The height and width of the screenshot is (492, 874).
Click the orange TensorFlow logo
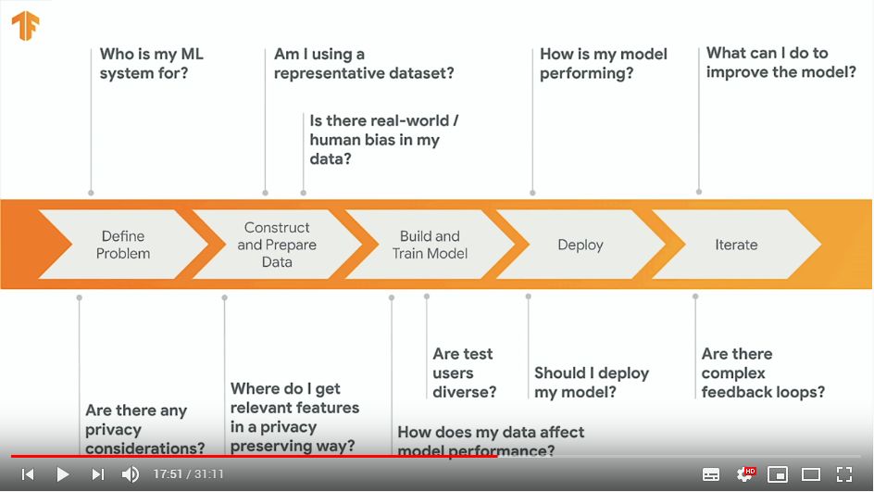pyautogui.click(x=26, y=26)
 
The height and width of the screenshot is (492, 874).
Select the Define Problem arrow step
pyautogui.click(x=122, y=245)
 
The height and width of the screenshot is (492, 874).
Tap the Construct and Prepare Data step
pyautogui.click(x=277, y=245)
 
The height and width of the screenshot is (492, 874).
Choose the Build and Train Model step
pyautogui.click(x=430, y=245)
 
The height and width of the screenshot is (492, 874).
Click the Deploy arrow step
pyautogui.click(x=581, y=245)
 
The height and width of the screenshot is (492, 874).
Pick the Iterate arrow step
pyautogui.click(x=736, y=245)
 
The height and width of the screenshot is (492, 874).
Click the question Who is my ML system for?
pyautogui.click(x=152, y=64)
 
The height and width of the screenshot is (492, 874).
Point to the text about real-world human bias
pyautogui.click(x=384, y=140)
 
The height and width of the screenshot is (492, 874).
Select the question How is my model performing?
pyautogui.click(x=604, y=64)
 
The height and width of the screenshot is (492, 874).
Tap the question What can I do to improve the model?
pyautogui.click(x=780, y=62)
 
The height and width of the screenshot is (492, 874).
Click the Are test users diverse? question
pyautogui.click(x=465, y=372)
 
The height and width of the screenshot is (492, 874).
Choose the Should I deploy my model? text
pyautogui.click(x=592, y=382)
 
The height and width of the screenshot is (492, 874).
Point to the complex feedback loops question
pyautogui.click(x=763, y=372)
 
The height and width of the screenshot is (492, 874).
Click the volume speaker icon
pyautogui.click(x=131, y=474)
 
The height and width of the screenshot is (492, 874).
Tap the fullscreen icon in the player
pyautogui.click(x=844, y=474)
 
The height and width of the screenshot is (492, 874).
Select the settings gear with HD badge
pyautogui.click(x=745, y=474)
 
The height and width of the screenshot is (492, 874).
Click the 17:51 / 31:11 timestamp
pyautogui.click(x=188, y=474)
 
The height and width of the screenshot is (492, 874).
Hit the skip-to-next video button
pyautogui.click(x=98, y=474)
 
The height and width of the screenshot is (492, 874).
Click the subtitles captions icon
pyautogui.click(x=711, y=474)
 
